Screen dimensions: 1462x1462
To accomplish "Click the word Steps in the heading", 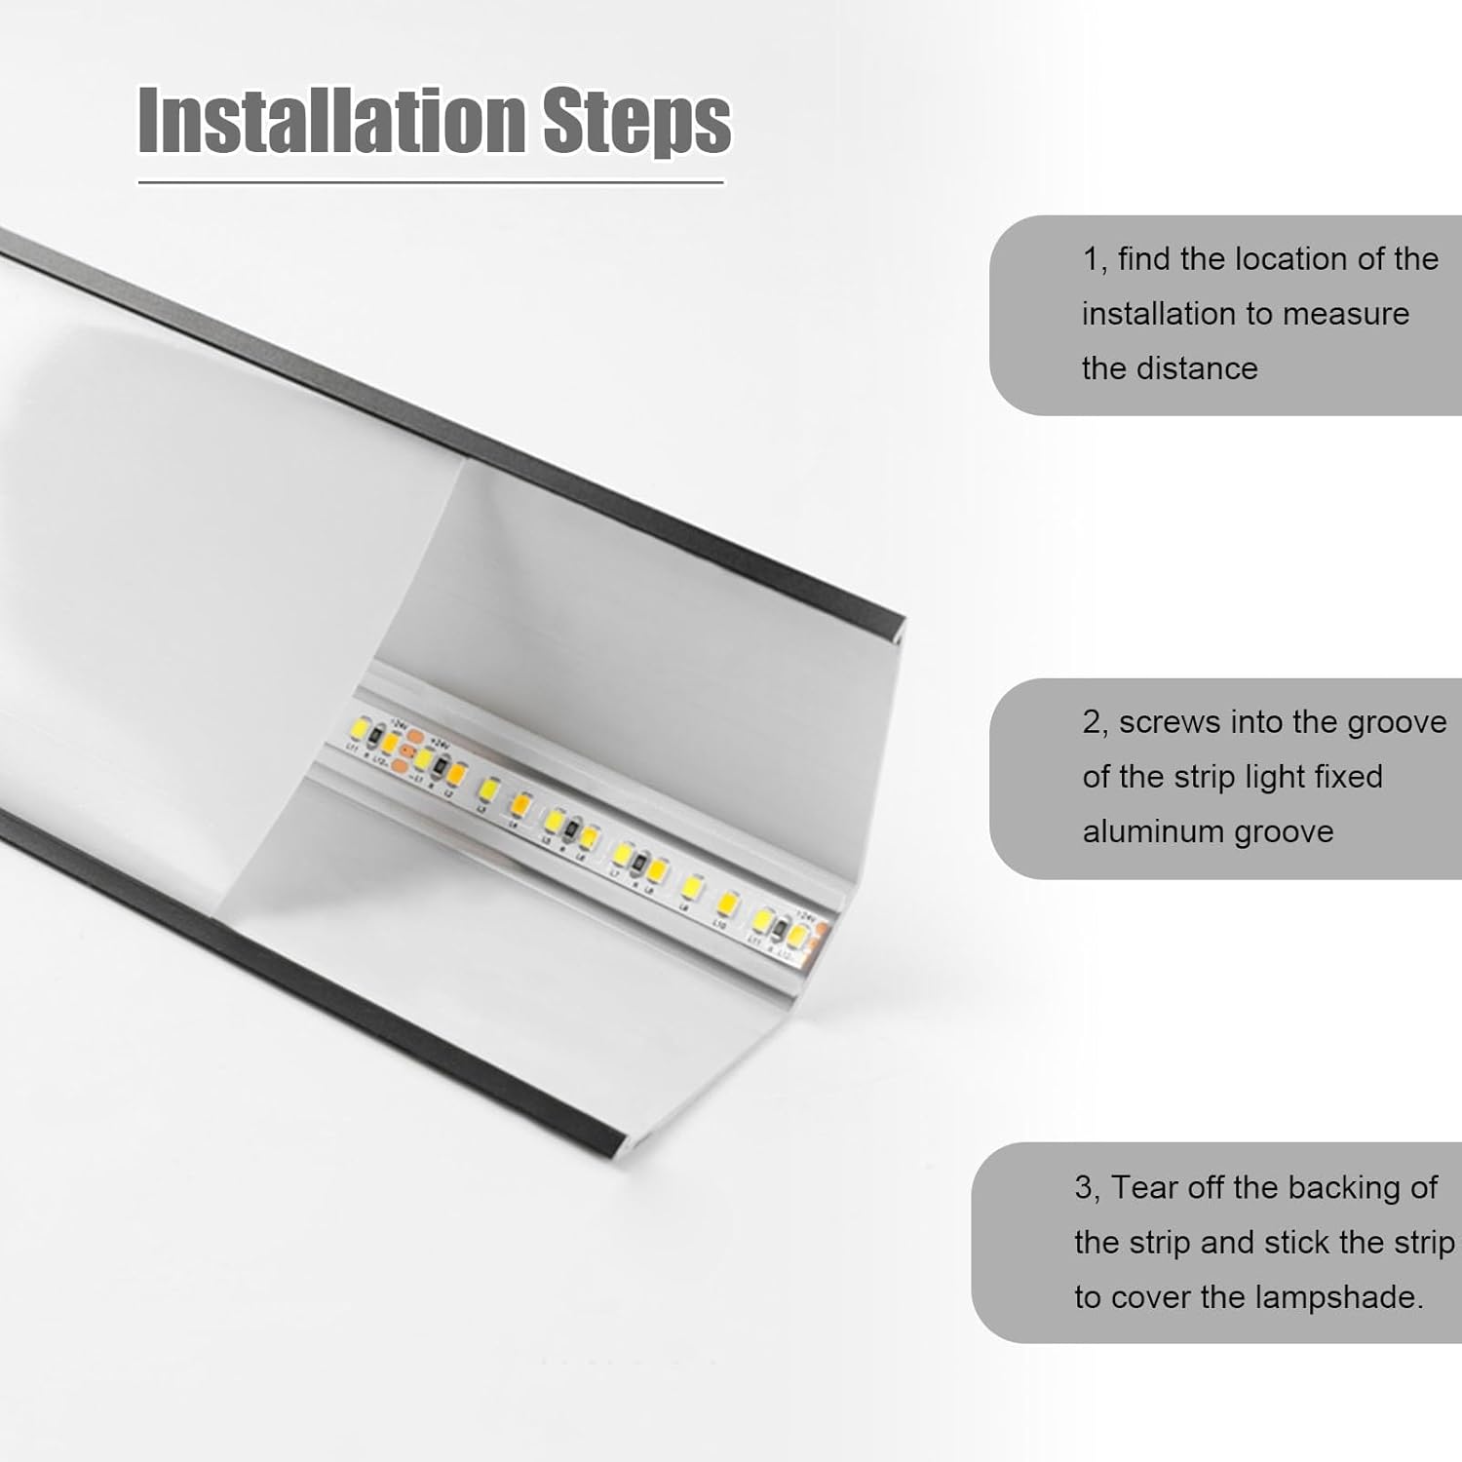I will [635, 121].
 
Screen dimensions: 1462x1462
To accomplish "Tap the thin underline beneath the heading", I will [431, 182].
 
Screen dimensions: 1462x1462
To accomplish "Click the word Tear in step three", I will [1141, 1188].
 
